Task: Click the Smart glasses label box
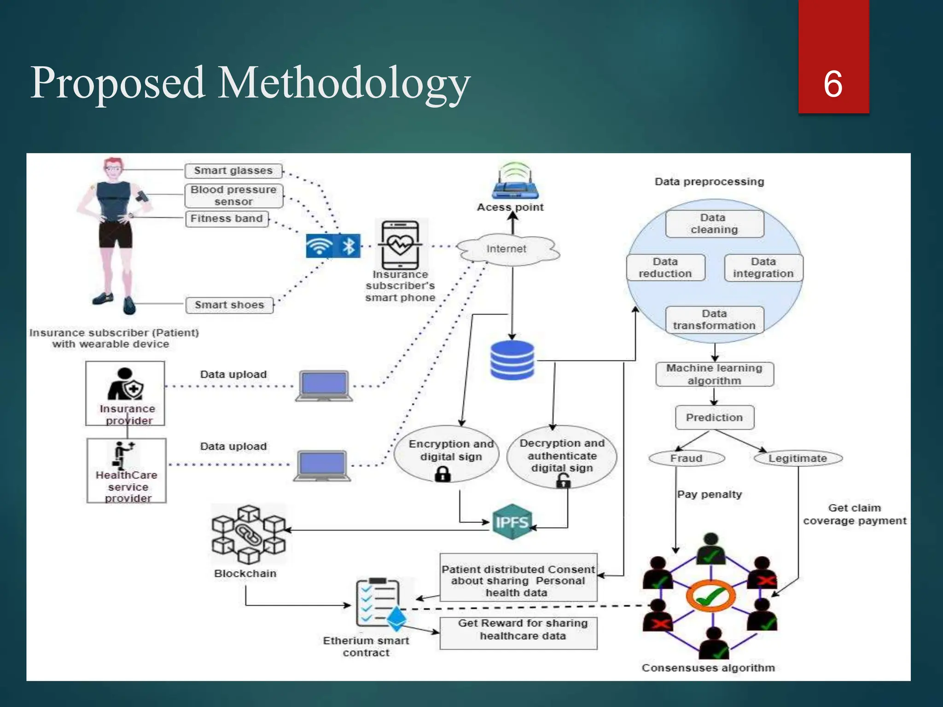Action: [233, 171]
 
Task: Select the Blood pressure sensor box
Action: [233, 196]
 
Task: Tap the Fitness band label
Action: [227, 219]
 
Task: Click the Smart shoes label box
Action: [229, 305]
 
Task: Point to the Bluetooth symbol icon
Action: [349, 246]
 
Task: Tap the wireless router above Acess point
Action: [514, 182]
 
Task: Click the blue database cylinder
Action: [512, 360]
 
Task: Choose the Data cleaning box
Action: [714, 224]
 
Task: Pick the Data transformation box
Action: [714, 320]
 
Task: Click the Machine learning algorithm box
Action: [714, 375]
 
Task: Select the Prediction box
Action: [714, 417]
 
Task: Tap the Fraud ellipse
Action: [686, 458]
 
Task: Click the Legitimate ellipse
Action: [797, 458]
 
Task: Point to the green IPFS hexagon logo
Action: [512, 522]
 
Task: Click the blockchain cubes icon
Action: [249, 534]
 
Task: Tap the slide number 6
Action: [833, 84]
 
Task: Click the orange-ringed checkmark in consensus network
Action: [710, 597]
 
